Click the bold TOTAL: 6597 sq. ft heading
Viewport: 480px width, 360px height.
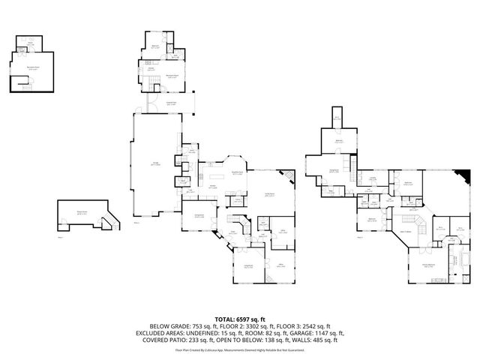239,319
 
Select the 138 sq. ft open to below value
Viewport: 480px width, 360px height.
266,340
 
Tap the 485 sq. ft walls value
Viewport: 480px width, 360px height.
310,340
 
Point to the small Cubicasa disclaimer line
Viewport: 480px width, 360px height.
239,349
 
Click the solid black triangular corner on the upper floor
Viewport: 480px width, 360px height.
466,176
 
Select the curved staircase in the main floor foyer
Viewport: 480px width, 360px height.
243,226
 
